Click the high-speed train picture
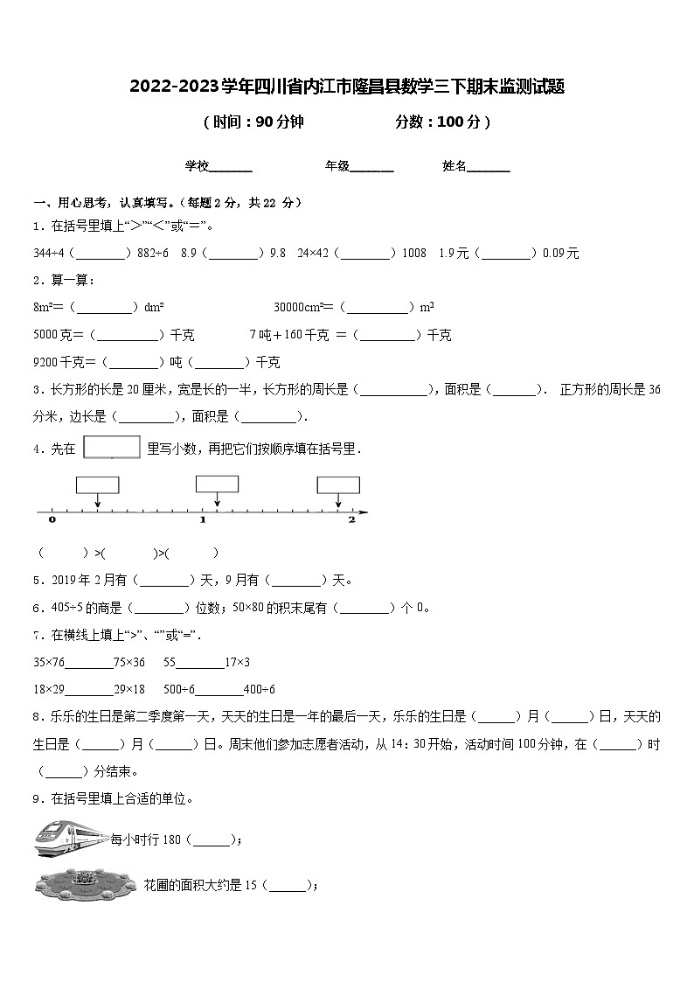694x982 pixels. (71, 838)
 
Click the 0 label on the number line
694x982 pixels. (52, 519)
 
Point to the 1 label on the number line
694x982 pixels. (203, 519)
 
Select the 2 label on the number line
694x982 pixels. (351, 519)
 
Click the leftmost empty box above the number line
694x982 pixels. (97, 485)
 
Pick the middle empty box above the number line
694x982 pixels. (217, 484)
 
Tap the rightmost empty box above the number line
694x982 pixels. (338, 485)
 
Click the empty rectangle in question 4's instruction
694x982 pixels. (112, 447)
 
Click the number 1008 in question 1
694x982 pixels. (413, 254)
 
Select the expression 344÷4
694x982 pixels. (49, 254)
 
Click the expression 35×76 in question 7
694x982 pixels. (49, 662)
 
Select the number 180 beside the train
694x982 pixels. (171, 839)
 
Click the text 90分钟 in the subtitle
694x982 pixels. (278, 122)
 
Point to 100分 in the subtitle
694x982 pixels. (458, 122)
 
